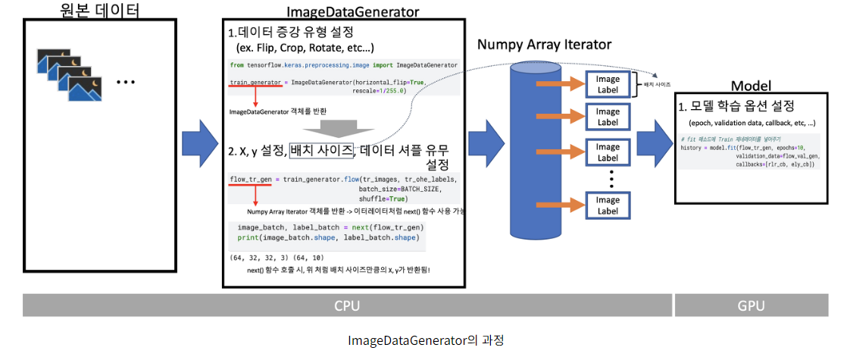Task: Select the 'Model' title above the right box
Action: (x=751, y=85)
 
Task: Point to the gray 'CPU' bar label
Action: (x=347, y=305)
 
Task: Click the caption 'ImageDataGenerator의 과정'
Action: (x=425, y=340)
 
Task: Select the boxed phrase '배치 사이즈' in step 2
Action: (x=321, y=150)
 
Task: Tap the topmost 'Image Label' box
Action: (x=608, y=84)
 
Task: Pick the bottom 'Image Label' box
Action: (x=608, y=205)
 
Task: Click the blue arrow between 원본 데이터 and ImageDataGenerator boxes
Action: (x=200, y=142)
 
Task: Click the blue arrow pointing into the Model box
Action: (x=650, y=143)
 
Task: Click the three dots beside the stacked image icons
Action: (x=126, y=81)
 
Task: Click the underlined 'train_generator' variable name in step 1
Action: (x=255, y=81)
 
